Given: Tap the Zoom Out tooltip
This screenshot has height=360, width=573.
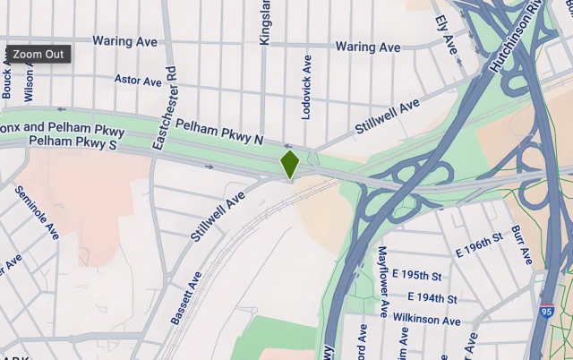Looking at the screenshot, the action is (38, 54).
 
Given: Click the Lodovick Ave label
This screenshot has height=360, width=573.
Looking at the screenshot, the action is (307, 86).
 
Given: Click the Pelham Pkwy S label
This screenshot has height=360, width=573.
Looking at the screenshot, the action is (73, 142).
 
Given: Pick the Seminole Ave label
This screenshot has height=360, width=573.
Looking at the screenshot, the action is (37, 212).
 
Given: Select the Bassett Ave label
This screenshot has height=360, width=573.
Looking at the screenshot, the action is (186, 298).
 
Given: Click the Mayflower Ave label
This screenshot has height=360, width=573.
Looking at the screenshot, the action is (382, 282).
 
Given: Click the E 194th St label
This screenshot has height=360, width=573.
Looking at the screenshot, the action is (432, 297).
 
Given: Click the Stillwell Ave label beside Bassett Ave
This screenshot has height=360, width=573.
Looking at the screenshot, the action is (217, 216).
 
